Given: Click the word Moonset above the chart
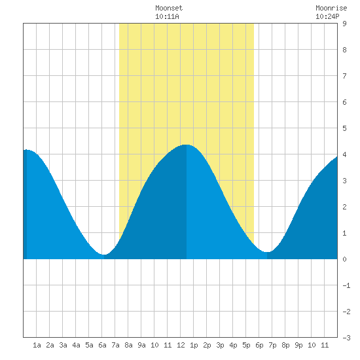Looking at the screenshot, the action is (x=169, y=8).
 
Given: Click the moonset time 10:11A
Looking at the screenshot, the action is (x=167, y=16).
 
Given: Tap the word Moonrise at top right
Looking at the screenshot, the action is (x=331, y=8).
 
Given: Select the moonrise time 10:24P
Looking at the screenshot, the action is (x=327, y=16).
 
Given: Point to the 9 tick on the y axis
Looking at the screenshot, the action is (x=344, y=24).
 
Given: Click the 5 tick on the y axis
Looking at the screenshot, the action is (x=344, y=128).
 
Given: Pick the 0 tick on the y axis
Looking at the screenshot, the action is (x=344, y=259).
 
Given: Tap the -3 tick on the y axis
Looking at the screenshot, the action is (x=346, y=338).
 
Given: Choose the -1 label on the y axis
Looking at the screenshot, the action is (x=346, y=285).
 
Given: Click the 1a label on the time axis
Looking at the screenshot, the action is (x=37, y=345).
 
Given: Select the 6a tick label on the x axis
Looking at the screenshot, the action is (x=102, y=345).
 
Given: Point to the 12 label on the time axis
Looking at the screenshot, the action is (x=181, y=345).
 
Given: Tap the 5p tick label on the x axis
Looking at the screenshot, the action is (x=246, y=345).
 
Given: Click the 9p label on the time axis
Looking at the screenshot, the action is (x=298, y=345).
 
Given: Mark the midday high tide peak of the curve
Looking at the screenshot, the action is (x=187, y=145).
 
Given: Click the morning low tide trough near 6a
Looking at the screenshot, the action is (x=104, y=255).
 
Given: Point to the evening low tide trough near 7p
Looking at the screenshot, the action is (x=267, y=252).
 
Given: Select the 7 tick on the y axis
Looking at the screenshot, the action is (x=344, y=76).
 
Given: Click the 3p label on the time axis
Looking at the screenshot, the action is (x=220, y=345).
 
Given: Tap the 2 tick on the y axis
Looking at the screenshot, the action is (x=344, y=207).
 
